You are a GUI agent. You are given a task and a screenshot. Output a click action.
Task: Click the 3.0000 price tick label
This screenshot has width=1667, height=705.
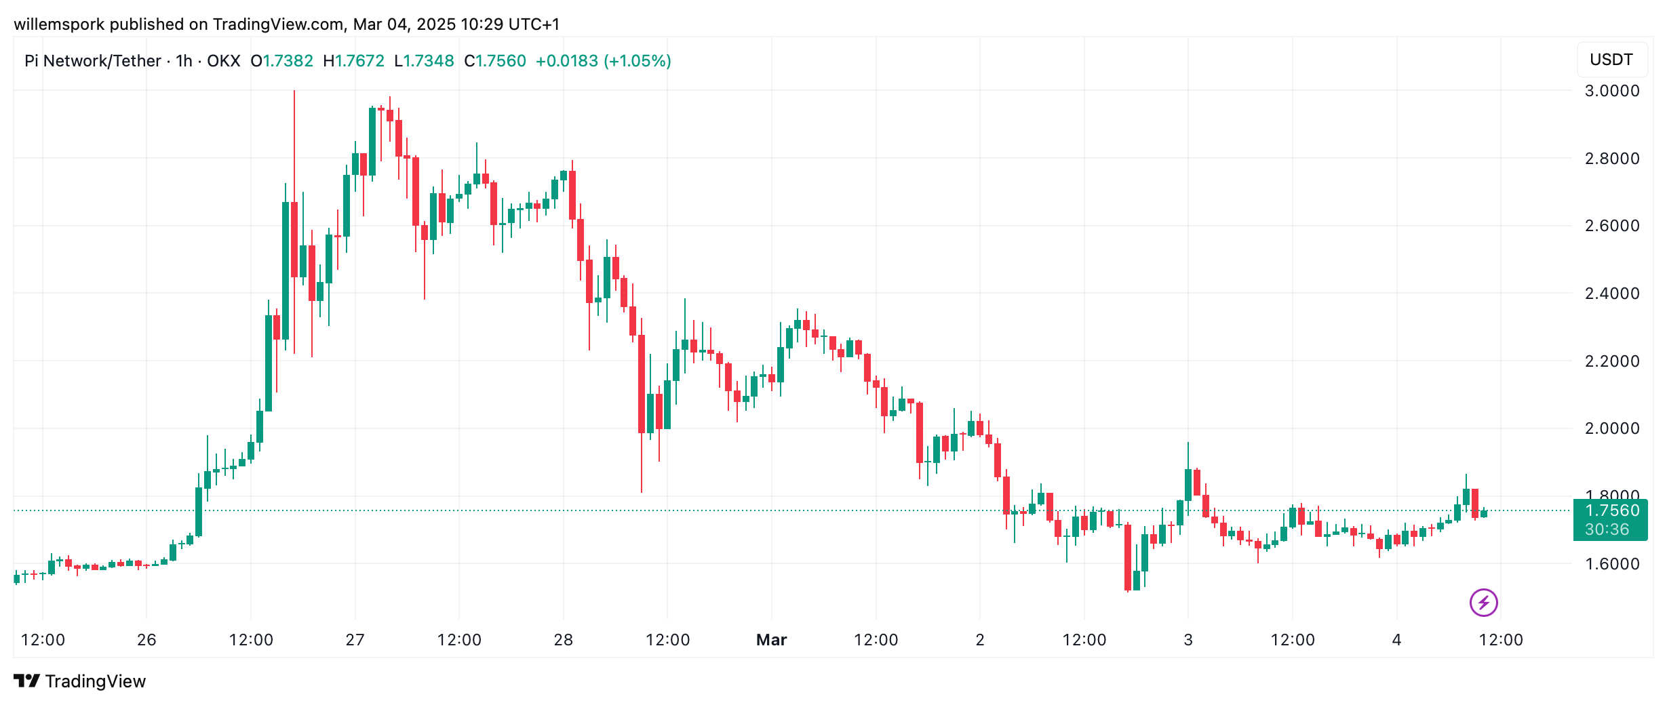point(1611,91)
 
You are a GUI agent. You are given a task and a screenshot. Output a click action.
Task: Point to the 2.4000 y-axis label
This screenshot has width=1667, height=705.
point(1611,294)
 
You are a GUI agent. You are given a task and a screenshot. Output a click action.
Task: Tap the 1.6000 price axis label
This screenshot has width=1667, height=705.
point(1611,564)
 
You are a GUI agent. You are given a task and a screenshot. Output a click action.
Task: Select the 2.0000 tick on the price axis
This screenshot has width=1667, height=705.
point(1611,428)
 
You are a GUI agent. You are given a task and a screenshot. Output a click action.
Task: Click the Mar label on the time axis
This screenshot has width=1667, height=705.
point(771,640)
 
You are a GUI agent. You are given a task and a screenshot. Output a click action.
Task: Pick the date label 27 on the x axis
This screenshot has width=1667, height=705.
point(355,640)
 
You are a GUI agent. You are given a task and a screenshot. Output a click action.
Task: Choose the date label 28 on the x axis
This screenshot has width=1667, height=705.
point(563,640)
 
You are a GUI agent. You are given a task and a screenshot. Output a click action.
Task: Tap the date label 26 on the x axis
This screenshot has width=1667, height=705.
point(146,640)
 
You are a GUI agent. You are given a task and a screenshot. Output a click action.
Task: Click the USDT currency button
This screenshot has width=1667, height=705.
point(1611,60)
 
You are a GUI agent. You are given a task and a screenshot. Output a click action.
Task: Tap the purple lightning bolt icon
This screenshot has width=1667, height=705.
point(1483,602)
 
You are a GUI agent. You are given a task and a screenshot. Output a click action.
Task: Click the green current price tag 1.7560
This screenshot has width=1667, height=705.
point(1611,510)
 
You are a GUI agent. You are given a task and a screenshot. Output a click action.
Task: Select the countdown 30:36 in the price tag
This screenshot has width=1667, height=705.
point(1607,529)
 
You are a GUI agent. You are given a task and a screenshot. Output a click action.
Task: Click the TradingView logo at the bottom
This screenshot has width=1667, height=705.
point(80,681)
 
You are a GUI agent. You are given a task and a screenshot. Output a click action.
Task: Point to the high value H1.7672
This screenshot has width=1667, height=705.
point(353,61)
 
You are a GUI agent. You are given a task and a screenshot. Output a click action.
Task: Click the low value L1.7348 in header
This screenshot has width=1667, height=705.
point(424,61)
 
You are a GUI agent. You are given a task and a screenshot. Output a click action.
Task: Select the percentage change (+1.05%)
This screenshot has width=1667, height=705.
point(638,61)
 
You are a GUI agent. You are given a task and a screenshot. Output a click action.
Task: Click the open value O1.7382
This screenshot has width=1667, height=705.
point(281,61)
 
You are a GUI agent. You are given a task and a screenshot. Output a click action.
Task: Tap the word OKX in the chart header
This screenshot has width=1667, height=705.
point(223,61)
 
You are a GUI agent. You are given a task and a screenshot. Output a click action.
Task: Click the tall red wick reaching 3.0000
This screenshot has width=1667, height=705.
point(294,136)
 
